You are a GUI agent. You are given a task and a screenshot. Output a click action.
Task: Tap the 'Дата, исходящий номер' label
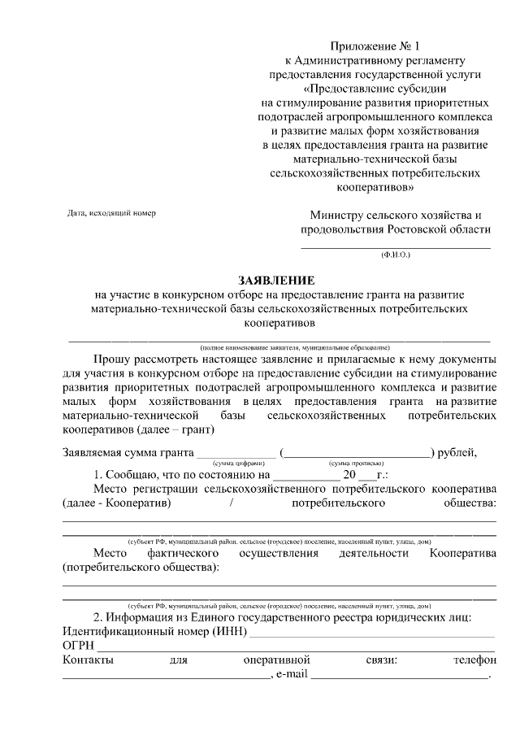(110, 213)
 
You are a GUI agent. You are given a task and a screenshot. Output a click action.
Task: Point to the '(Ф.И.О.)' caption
(396, 255)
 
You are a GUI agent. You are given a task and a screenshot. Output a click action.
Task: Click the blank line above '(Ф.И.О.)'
(396, 246)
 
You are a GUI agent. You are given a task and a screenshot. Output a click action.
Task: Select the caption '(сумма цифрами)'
(240, 462)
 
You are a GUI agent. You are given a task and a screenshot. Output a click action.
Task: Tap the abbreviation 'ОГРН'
(78, 645)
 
